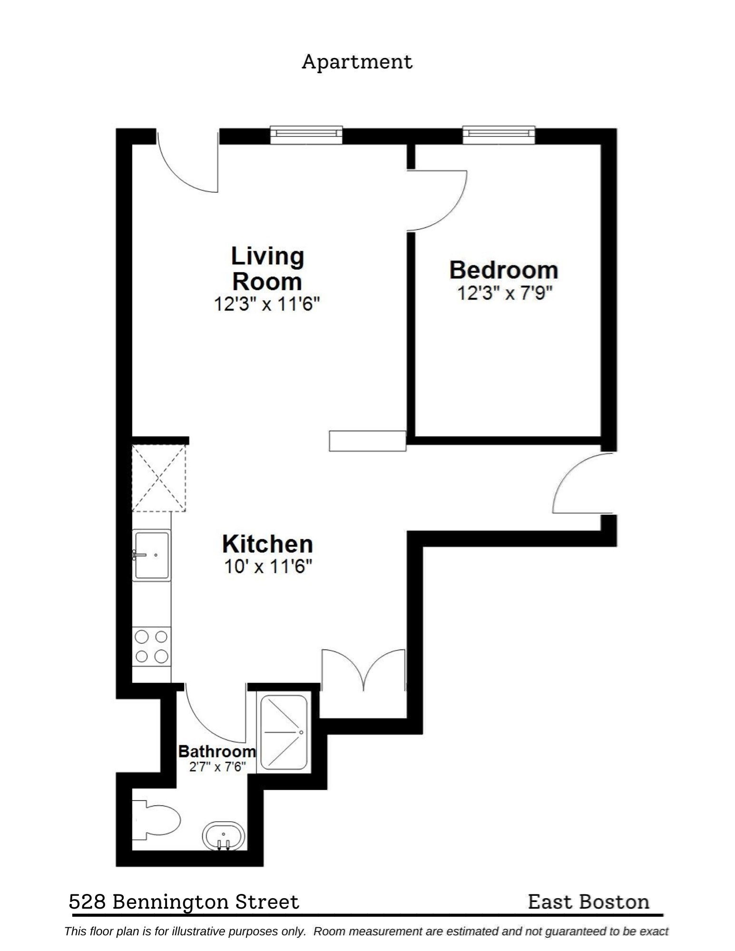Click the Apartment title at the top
pos(357,62)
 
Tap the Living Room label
pos(267,269)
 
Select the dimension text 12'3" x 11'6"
pos(266,304)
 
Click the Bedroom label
pos(503,270)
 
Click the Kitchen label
pos(267,544)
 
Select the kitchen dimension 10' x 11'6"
pos(267,567)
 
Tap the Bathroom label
pos(217,752)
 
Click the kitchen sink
pos(151,555)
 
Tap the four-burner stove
pos(151,646)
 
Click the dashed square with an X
pos(158,478)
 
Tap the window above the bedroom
pos(499,135)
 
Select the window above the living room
pos(306,135)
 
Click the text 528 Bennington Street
pos(184,902)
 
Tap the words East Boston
pos(588,902)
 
